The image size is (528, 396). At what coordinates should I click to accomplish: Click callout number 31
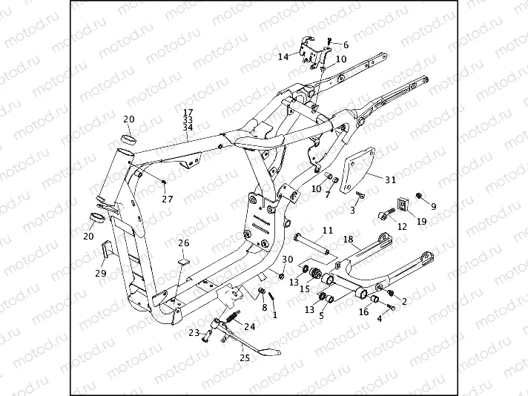(x=391, y=179)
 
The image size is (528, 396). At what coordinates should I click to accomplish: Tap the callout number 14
(x=283, y=56)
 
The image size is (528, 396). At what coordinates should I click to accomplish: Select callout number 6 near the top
(x=345, y=45)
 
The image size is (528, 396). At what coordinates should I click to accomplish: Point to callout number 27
(x=168, y=199)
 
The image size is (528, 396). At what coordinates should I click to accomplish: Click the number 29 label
(x=101, y=273)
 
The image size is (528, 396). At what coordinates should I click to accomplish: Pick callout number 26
(x=183, y=242)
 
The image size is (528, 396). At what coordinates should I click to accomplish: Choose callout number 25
(x=244, y=357)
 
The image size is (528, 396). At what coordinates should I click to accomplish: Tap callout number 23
(x=193, y=333)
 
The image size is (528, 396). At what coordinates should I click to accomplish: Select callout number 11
(x=327, y=231)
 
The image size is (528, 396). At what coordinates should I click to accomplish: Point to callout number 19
(x=421, y=221)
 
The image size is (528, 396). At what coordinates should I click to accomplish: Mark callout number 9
(x=433, y=206)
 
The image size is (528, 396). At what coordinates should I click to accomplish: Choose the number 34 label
(x=187, y=127)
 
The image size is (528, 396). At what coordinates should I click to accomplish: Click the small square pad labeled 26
(x=183, y=262)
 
